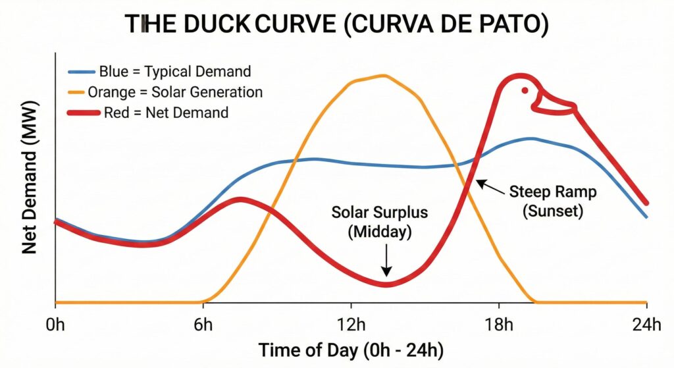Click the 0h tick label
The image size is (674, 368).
pos(55,325)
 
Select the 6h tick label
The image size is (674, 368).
pos(203,325)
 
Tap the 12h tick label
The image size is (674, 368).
pos(351,325)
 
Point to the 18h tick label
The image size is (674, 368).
pos(499,325)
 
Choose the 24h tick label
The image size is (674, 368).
pos(646,325)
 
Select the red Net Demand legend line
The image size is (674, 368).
pos(84,113)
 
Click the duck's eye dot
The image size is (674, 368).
pos(525,91)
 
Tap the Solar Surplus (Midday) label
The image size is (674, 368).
pos(380,222)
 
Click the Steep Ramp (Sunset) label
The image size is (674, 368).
pos(553,202)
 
